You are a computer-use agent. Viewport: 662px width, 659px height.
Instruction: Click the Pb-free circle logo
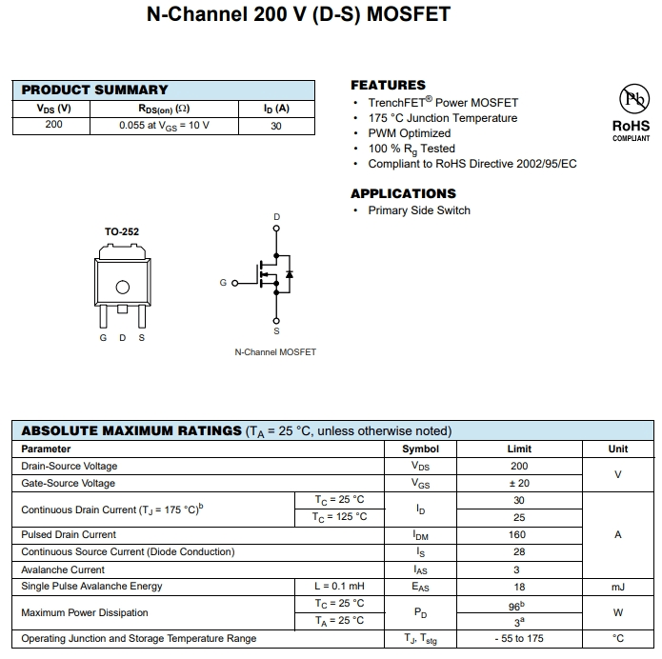coord(632,99)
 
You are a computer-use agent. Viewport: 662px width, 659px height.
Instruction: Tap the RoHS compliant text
coord(631,130)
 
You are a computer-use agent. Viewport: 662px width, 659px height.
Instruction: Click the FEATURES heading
coord(388,85)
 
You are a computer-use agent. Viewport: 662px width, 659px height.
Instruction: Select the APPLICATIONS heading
coord(403,193)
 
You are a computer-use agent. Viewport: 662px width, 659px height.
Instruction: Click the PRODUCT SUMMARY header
coord(94,90)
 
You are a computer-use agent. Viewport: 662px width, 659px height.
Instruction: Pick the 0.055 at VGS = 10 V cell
coord(164,125)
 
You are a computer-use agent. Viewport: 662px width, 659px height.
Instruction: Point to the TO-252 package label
coord(122,231)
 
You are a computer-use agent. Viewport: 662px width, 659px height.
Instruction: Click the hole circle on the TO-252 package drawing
coord(122,288)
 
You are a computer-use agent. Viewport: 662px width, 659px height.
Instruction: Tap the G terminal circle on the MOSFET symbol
coord(233,283)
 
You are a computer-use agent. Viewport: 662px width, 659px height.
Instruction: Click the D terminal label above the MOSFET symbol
coord(277,218)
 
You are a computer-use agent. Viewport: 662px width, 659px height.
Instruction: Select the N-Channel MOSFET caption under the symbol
coord(275,352)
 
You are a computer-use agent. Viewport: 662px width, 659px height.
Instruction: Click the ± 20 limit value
coord(519,483)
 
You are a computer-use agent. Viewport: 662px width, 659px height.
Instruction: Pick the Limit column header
coord(519,449)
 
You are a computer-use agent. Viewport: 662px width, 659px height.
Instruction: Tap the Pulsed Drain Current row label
coord(69,534)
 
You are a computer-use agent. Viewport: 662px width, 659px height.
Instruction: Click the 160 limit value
coord(519,534)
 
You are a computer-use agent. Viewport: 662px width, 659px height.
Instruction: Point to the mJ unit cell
coord(617,587)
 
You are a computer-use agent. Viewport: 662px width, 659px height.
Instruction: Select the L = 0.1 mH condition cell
coord(339,586)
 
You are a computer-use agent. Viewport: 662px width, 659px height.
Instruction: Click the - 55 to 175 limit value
coord(519,638)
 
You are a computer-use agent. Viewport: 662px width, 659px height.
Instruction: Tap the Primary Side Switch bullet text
coord(419,210)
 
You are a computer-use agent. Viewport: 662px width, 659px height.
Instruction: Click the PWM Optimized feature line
coord(410,133)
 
